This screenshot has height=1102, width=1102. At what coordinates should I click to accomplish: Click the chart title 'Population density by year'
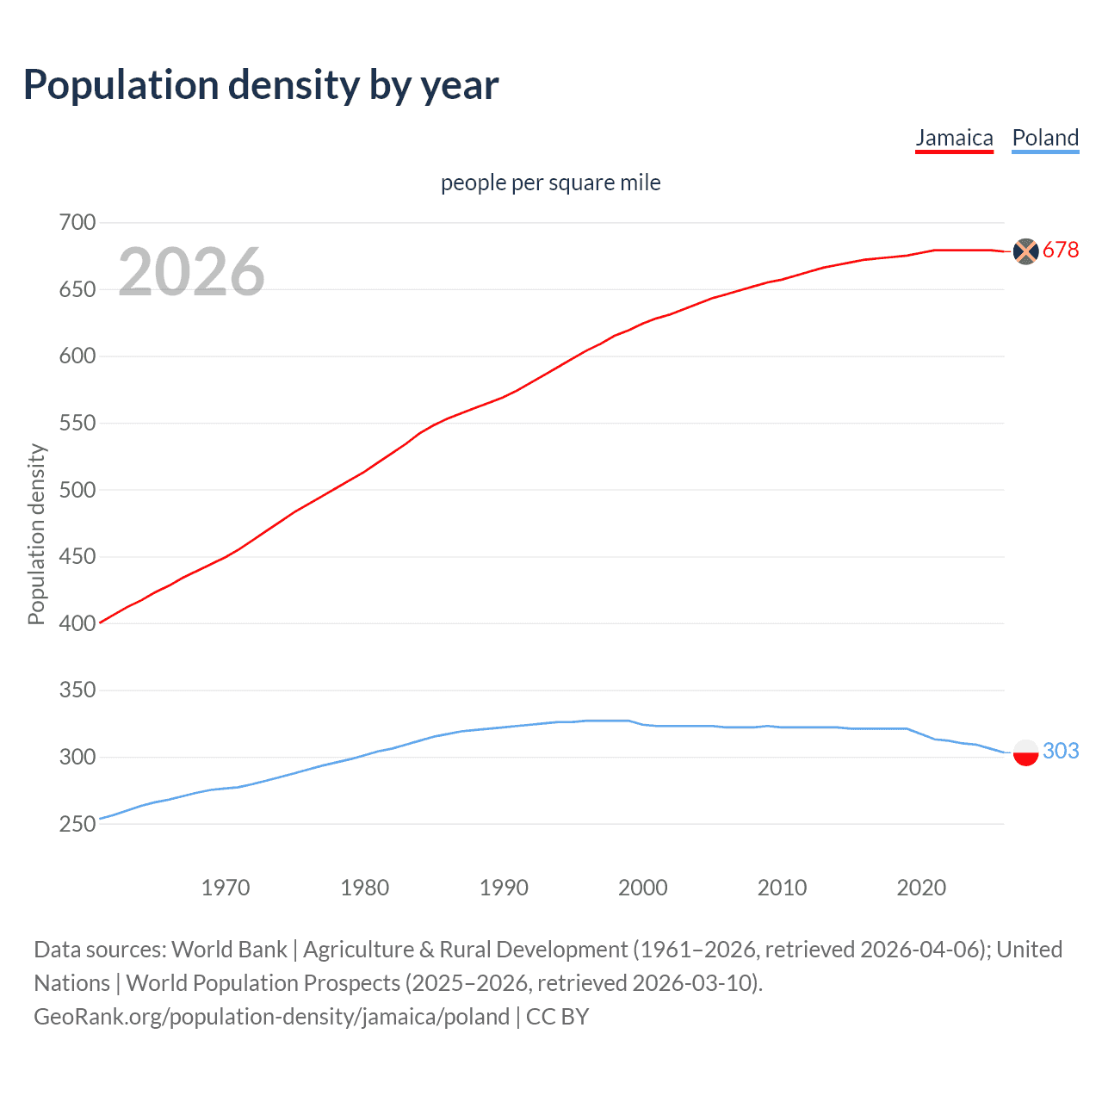[x=261, y=85]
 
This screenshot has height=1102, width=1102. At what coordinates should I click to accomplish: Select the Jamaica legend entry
[x=954, y=138]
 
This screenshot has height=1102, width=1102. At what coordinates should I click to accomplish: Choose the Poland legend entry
[x=1045, y=138]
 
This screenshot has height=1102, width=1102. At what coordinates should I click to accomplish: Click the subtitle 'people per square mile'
[x=550, y=183]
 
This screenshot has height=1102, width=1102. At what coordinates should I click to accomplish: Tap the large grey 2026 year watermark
[x=191, y=272]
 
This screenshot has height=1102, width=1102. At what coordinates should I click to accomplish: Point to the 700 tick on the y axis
[x=77, y=223]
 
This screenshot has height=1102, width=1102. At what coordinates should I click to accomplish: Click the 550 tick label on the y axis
[x=77, y=424]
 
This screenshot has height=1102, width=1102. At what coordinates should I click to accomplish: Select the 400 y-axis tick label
[x=77, y=623]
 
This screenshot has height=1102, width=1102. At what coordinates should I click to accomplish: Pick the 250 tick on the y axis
[x=77, y=824]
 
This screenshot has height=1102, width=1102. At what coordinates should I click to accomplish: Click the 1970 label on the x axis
[x=226, y=888]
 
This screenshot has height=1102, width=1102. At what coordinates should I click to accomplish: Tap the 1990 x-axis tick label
[x=504, y=888]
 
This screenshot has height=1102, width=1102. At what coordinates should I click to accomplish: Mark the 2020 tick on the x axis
[x=921, y=888]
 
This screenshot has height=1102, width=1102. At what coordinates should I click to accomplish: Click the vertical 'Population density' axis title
[x=36, y=534]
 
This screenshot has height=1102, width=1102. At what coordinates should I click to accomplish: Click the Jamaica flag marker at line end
[x=1025, y=251]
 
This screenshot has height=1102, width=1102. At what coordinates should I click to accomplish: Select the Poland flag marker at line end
[x=1025, y=752]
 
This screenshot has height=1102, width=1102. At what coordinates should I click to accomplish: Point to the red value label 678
[x=1061, y=251]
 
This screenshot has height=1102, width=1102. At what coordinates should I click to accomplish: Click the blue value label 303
[x=1061, y=752]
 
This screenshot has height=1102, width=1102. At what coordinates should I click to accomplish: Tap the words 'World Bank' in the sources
[x=229, y=950]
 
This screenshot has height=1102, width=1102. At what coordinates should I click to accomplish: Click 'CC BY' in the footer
[x=557, y=1017]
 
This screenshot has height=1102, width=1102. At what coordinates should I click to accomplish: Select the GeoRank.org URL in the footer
[x=271, y=1017]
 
